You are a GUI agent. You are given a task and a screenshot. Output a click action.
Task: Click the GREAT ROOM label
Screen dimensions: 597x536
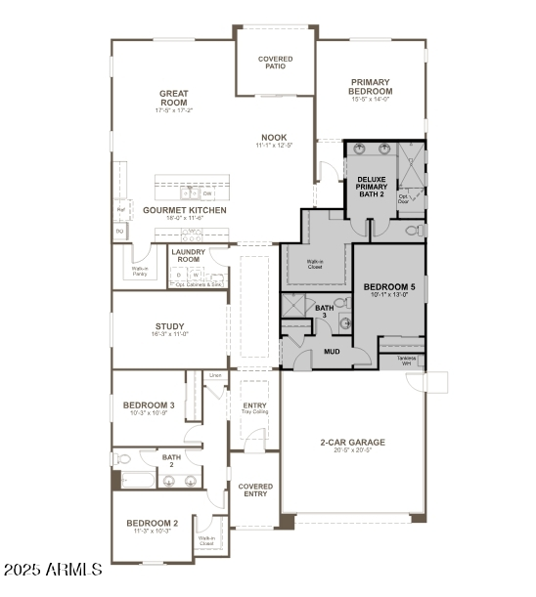coord(173,98)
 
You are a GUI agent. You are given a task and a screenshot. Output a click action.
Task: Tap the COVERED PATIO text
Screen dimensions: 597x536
coord(275,64)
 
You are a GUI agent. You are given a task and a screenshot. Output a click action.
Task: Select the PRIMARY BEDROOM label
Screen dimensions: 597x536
coord(370,87)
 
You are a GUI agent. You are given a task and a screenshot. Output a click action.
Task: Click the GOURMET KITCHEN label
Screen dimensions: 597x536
coord(185,210)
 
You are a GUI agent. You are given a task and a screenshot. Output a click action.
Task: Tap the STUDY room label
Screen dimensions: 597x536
coord(170,326)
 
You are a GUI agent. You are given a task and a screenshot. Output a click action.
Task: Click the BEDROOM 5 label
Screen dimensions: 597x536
coord(389,287)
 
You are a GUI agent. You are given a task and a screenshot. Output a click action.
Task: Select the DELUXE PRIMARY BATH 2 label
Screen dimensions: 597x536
coord(371,185)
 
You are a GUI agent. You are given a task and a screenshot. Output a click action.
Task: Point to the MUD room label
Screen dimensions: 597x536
coord(333,352)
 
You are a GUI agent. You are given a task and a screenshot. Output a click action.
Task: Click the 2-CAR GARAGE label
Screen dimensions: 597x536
coord(352,443)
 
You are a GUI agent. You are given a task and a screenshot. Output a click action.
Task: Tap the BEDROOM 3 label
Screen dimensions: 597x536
coord(149,405)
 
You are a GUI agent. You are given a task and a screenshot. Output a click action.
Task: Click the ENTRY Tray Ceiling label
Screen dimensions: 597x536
coord(254,408)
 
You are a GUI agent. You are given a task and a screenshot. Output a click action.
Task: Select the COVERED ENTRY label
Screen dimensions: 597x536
coord(255,490)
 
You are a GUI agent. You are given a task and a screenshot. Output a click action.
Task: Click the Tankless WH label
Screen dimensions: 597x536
coord(407,361)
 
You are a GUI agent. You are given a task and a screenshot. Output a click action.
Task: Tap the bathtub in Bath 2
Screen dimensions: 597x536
coord(135,479)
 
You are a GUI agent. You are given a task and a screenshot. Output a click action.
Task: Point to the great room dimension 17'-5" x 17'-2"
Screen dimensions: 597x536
coord(173,110)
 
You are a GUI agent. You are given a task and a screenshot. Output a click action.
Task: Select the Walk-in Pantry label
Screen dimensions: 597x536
coord(141,272)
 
